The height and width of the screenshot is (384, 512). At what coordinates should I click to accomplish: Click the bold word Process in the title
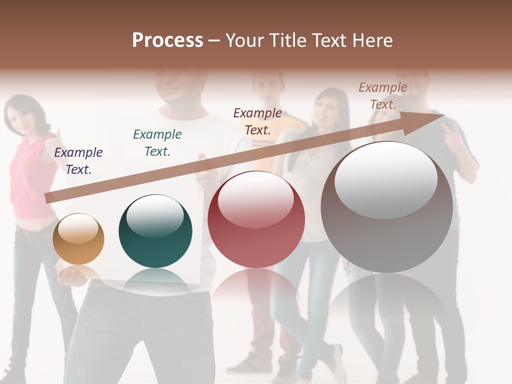coord(167,41)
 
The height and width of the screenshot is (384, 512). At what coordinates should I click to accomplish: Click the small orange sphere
coord(78,239)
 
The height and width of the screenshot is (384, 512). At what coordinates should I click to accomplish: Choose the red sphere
coord(256,220)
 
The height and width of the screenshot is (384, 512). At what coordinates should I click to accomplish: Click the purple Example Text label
coord(78,161)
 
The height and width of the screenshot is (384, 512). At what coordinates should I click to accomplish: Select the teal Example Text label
coord(157,143)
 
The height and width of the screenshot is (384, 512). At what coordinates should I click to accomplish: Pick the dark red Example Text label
coord(258,121)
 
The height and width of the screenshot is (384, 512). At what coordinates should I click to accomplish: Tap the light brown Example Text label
coord(383,96)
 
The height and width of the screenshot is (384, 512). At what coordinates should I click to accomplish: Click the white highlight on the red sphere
coord(256,198)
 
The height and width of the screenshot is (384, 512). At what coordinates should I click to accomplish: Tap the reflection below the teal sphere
coord(155,280)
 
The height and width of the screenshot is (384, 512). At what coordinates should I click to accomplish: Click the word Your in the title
coord(244,41)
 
